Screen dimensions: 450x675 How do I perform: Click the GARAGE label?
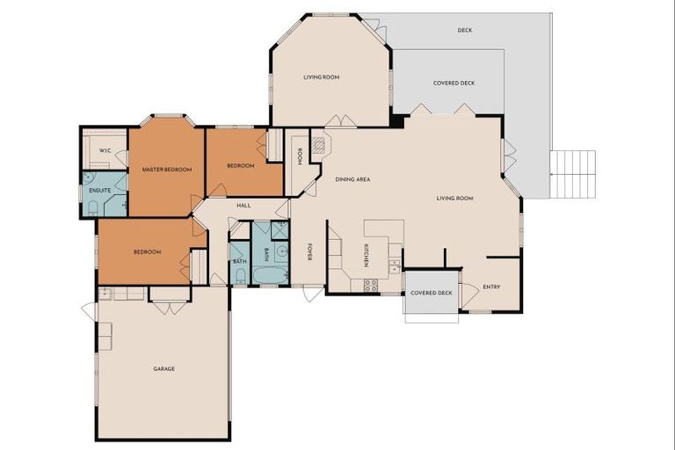(x=163, y=368)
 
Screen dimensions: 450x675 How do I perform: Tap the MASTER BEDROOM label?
(x=166, y=169)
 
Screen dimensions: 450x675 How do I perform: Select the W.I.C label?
(x=105, y=150)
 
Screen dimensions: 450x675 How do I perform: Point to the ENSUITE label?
(x=99, y=189)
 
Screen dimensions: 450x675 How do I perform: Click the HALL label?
(x=243, y=205)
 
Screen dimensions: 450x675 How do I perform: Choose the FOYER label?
(x=309, y=251)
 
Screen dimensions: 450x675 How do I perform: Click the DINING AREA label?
(x=352, y=179)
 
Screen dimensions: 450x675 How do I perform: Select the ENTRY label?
(x=491, y=287)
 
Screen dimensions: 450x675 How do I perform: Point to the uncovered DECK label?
(x=465, y=31)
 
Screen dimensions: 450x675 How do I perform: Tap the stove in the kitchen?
(x=371, y=285)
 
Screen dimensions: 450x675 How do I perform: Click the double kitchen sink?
(x=395, y=265)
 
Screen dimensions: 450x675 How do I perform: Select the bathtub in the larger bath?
(x=269, y=275)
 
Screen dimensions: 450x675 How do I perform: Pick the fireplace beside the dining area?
(x=319, y=145)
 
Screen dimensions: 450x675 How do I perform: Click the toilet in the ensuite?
(x=92, y=208)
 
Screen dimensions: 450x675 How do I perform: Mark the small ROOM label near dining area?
(x=300, y=156)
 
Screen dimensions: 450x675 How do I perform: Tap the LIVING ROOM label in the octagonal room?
(x=321, y=77)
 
